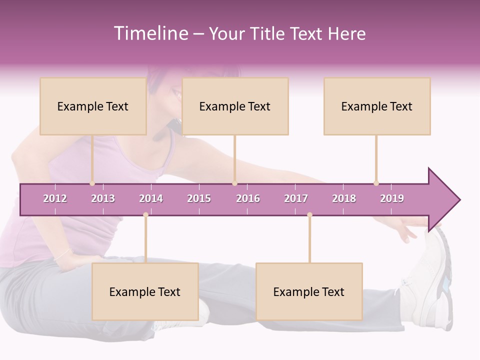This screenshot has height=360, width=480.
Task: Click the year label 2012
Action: click(55, 198)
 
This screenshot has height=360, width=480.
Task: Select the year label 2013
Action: click(103, 198)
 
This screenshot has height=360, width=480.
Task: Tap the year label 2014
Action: click(151, 198)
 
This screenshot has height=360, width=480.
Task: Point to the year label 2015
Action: click(199, 198)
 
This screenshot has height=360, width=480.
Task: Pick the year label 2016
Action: click(248, 198)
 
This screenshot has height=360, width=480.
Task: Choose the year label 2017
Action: click(296, 198)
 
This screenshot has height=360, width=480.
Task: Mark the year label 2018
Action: click(344, 198)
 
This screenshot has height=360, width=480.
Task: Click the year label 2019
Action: click(392, 198)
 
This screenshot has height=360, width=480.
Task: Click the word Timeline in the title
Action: click(150, 33)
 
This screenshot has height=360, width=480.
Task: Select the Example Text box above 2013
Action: click(93, 106)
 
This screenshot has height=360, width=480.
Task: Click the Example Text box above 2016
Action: click(235, 106)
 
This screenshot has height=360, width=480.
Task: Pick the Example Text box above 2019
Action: click(377, 106)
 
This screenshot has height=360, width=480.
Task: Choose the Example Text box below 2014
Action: click(145, 291)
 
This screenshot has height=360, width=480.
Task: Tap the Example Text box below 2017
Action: click(309, 291)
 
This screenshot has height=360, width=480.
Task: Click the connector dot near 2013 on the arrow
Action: click(92, 183)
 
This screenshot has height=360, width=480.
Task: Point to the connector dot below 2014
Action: click(145, 215)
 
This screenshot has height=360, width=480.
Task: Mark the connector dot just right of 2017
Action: click(309, 215)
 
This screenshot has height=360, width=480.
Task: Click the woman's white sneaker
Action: click(430, 280)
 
